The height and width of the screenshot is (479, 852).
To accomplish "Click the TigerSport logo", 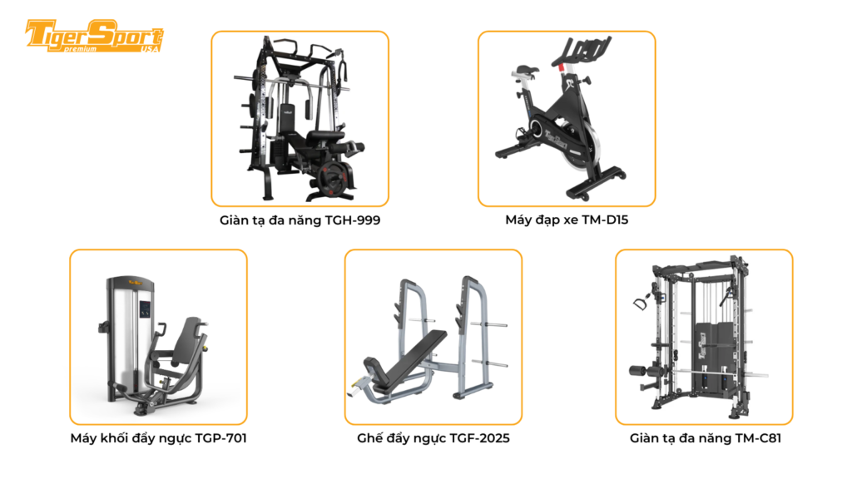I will coord(93,37).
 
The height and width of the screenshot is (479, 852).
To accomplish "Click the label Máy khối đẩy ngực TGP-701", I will coord(158,438).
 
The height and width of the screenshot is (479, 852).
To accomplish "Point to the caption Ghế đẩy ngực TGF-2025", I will coord(433,438).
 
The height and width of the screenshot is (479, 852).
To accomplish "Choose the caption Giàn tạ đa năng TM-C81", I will coord(703,438).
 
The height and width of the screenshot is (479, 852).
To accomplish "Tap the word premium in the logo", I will coord(81,49).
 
